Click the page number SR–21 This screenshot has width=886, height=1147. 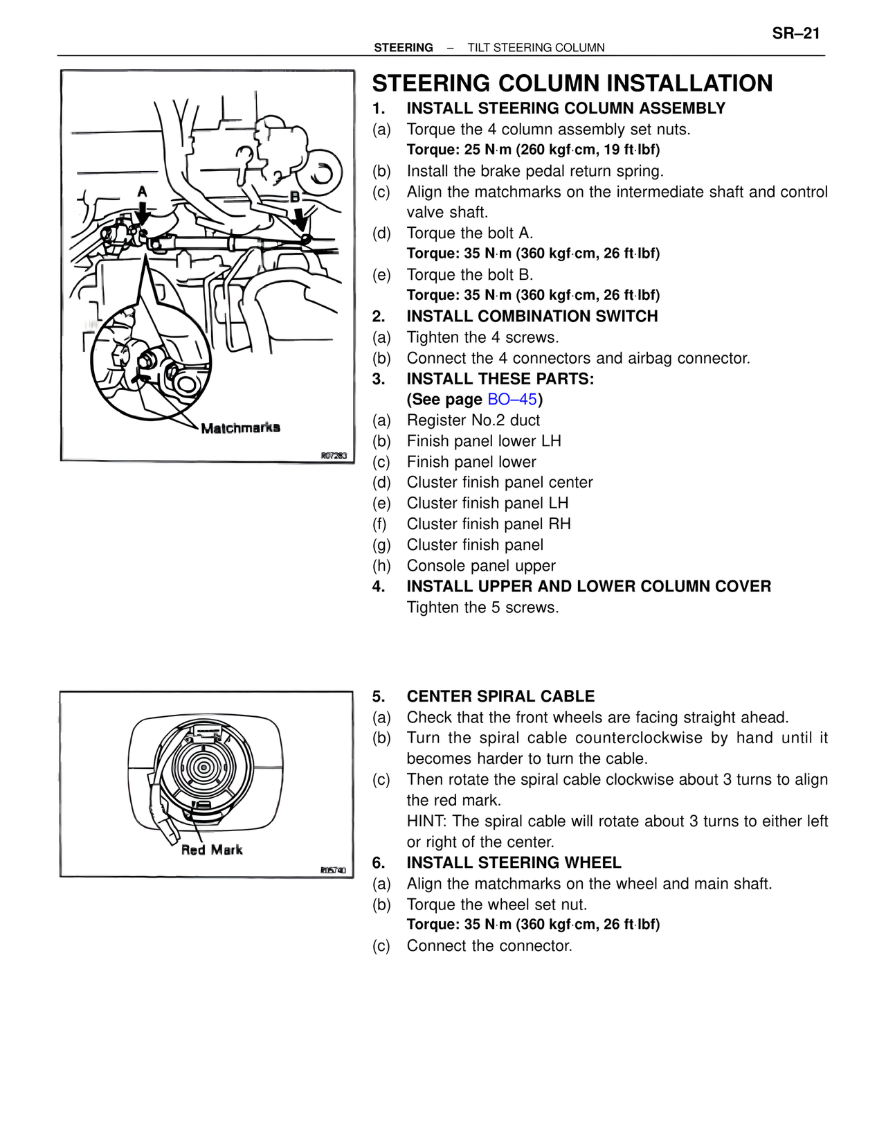(796, 33)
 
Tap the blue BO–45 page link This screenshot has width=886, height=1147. (512, 399)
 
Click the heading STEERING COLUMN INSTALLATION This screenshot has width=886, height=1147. (572, 83)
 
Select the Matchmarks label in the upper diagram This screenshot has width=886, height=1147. (240, 427)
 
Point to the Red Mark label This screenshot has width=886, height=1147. (212, 849)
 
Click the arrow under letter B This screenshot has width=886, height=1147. (300, 219)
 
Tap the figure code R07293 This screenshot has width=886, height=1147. (334, 455)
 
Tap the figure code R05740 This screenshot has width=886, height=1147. (334, 871)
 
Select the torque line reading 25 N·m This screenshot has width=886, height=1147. (533, 150)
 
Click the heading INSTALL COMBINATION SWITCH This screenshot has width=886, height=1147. (532, 316)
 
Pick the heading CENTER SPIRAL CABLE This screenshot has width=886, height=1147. (500, 696)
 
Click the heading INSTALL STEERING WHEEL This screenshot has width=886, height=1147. (514, 862)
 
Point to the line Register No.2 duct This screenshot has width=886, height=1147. (473, 420)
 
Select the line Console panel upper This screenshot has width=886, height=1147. (481, 566)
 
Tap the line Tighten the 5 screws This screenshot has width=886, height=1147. (482, 607)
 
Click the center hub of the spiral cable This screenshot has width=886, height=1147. (203, 767)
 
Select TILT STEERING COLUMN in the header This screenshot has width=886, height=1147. (536, 48)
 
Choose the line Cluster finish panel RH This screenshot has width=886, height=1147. (489, 524)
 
